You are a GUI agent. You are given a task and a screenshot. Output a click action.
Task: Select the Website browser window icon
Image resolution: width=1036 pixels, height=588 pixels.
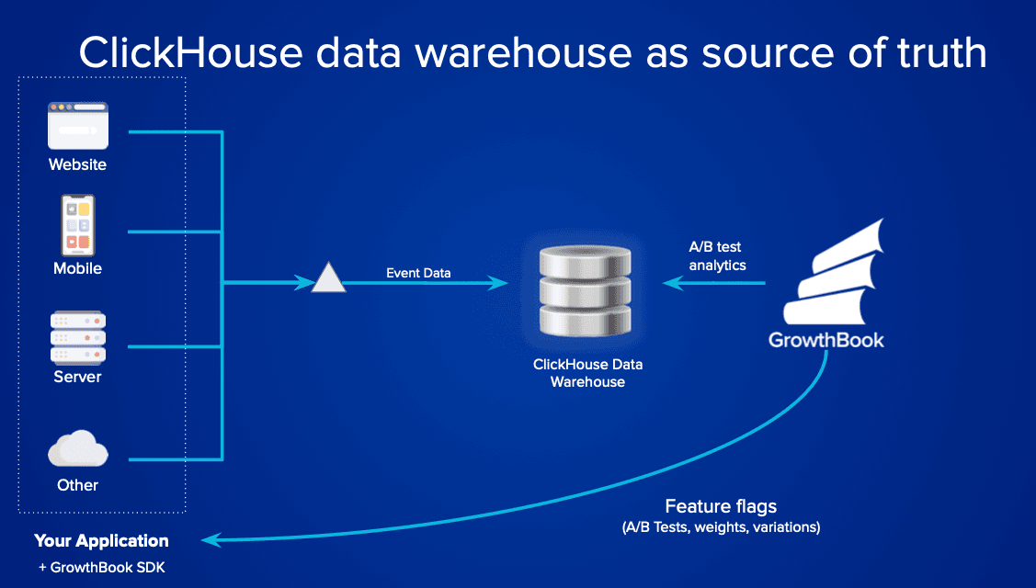point(78,126)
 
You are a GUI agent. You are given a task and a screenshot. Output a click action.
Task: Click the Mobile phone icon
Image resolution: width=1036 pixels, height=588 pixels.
point(78,224)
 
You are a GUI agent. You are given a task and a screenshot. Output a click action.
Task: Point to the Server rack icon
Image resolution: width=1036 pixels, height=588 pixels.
point(78,337)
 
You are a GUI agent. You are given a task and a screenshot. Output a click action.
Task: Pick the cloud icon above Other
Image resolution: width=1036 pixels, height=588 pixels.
point(78,450)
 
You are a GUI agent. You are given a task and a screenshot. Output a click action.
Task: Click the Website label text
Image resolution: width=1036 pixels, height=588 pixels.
point(78,165)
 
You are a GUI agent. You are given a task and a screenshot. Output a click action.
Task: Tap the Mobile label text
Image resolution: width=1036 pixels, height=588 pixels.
point(78,269)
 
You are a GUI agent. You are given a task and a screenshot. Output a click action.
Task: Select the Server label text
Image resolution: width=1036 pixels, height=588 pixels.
point(78,377)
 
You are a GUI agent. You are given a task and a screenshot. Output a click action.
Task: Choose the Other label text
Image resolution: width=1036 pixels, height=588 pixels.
point(78,485)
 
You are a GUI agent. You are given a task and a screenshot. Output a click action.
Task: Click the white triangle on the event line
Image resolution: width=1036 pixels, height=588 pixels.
point(328,278)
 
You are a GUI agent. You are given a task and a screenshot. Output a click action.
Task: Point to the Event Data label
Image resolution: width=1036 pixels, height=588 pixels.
point(419,273)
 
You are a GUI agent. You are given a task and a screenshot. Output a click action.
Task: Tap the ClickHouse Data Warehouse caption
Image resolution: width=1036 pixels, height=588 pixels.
point(587,373)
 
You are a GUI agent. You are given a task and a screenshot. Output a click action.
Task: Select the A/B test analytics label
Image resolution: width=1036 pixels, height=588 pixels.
point(717,256)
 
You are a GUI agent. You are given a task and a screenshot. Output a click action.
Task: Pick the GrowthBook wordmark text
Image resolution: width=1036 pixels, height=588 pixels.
point(826,340)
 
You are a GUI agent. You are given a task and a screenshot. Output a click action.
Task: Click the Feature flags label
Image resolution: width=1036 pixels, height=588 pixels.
point(721,506)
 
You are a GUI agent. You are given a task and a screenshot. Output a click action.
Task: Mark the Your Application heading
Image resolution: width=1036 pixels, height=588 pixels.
point(102,541)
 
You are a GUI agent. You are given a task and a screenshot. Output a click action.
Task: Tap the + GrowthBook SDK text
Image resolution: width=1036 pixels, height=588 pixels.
point(102,568)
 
